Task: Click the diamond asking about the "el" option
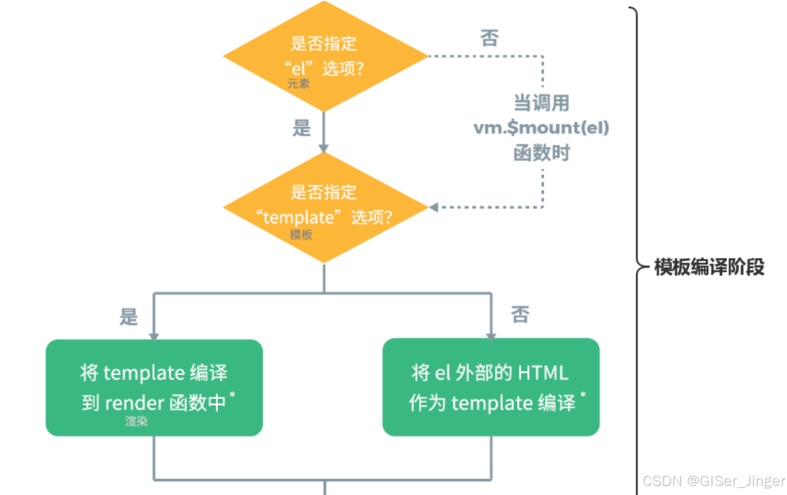point(325,56)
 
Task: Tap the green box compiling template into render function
point(154,387)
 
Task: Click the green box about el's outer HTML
point(491,387)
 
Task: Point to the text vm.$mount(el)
point(541,127)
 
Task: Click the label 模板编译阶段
point(709,267)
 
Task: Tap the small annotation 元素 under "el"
point(298,84)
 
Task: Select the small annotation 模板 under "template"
point(301,234)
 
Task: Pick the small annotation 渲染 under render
point(137,421)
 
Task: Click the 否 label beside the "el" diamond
point(489,38)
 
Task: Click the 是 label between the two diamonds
point(302,128)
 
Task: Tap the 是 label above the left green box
point(128,316)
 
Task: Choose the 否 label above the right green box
point(520,314)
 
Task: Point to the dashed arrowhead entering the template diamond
point(433,207)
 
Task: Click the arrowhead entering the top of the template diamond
point(324,148)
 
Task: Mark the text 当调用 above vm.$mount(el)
point(541,103)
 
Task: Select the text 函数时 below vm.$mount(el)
point(541,153)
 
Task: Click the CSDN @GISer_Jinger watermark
point(713,481)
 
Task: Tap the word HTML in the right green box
point(543,373)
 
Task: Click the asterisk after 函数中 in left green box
point(232,394)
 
